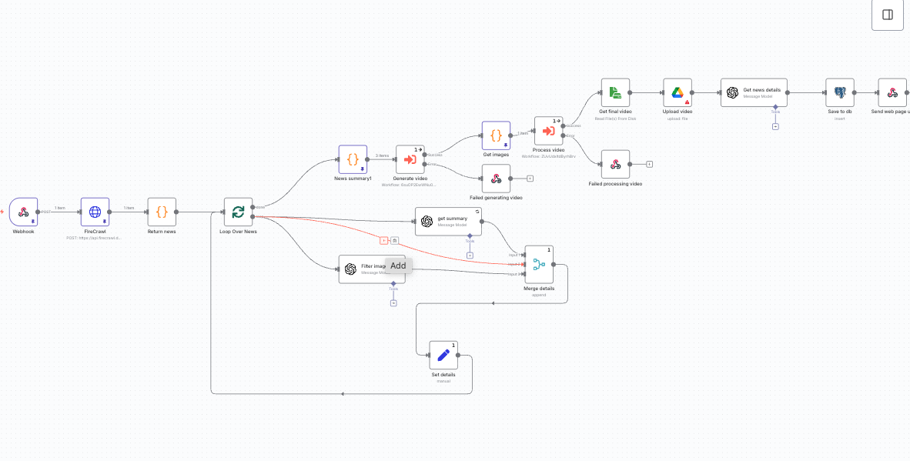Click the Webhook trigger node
point(23,212)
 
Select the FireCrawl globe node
point(95,212)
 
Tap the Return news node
point(162,212)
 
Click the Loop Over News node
point(238,212)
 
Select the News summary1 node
point(353,159)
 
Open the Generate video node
point(410,159)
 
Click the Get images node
point(497,135)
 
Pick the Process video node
point(548,131)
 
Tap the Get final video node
point(615,92)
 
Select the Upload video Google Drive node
point(677,92)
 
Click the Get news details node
point(754,92)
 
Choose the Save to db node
point(839,92)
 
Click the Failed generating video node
point(496,179)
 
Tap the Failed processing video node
point(615,164)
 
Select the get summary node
point(448,221)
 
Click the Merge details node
point(539,264)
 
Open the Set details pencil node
point(443,355)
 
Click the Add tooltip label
point(398,266)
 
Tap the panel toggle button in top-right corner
point(887,15)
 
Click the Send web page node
point(892,92)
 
